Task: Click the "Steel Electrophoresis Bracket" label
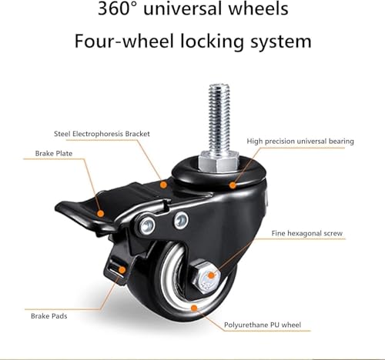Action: [x=102, y=134]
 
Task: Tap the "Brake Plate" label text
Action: [x=54, y=154]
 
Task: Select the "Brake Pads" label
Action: [x=49, y=316]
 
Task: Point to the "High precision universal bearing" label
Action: [x=300, y=142]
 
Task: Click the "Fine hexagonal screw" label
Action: [x=307, y=233]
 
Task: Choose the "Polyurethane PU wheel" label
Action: [x=263, y=325]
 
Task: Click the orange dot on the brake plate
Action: [x=101, y=214]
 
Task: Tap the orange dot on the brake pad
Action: [x=122, y=270]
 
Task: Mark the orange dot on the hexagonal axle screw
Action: [x=211, y=275]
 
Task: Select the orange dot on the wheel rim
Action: [x=194, y=308]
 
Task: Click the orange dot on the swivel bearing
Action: [x=233, y=185]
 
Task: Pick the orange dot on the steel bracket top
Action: [x=163, y=185]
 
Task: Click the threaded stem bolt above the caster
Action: [x=219, y=118]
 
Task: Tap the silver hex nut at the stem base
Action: [x=219, y=162]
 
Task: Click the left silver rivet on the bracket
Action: [x=147, y=225]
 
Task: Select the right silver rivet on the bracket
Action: [x=181, y=221]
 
